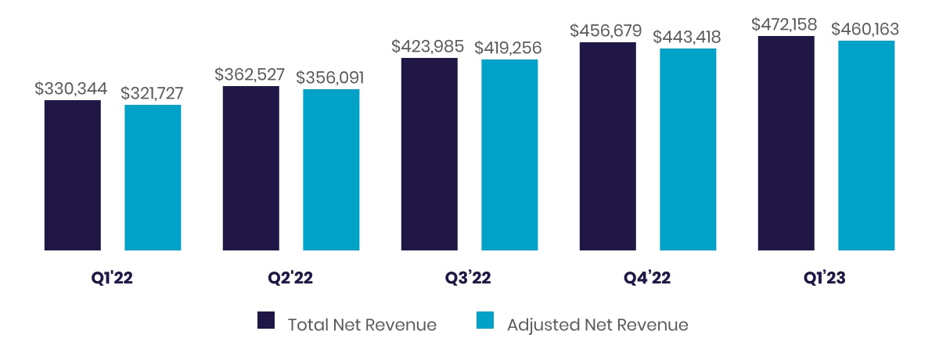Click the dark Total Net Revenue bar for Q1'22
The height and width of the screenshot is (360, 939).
(x=73, y=175)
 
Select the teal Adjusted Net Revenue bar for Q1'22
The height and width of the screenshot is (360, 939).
(x=153, y=178)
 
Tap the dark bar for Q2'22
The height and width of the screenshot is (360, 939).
(x=251, y=168)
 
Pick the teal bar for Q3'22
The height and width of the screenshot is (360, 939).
(x=509, y=155)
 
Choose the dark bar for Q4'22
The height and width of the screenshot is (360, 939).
(x=608, y=146)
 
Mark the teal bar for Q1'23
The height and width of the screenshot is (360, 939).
(x=866, y=146)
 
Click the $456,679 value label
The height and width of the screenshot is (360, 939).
(x=606, y=31)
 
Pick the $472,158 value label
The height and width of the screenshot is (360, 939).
(x=786, y=23)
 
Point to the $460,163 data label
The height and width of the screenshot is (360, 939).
(x=865, y=29)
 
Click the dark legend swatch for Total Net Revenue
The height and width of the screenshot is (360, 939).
(x=266, y=322)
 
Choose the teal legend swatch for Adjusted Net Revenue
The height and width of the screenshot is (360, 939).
(x=485, y=322)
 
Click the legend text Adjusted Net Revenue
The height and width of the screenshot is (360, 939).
(x=598, y=325)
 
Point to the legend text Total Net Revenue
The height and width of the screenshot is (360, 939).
(x=362, y=325)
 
